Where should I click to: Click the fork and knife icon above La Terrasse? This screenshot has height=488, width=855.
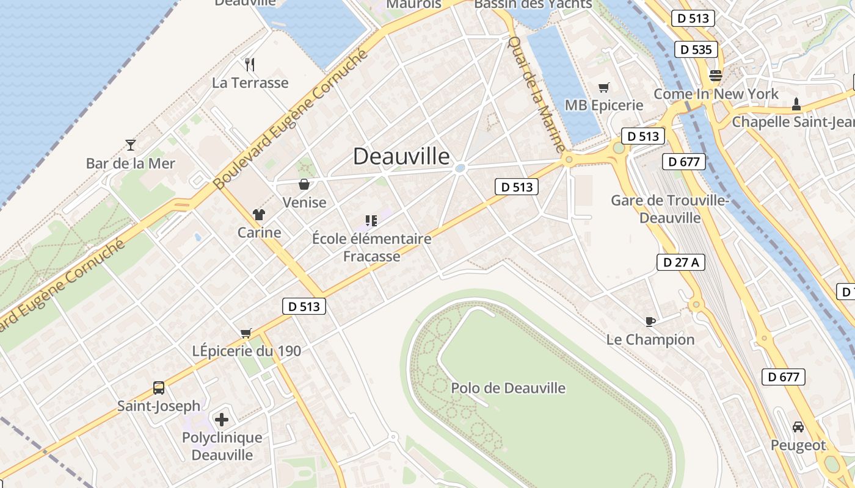point(249,64)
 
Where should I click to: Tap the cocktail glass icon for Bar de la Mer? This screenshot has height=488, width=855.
point(130,145)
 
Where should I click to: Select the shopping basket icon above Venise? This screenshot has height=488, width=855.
point(304,184)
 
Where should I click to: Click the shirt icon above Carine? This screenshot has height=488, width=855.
point(259,214)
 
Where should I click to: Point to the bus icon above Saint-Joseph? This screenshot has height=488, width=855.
point(158,387)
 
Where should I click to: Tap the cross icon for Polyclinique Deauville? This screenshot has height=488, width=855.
point(222,419)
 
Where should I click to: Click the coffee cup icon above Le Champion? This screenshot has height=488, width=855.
point(650,321)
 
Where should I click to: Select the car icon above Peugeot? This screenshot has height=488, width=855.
point(798,426)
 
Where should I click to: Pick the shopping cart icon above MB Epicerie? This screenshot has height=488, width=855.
point(604,87)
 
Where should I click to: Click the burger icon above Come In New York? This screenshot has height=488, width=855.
point(715,76)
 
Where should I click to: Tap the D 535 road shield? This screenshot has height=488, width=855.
point(696,49)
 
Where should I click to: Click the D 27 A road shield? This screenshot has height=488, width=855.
point(681,262)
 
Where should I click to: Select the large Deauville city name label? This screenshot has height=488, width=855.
point(401,156)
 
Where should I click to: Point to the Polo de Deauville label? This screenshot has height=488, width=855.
point(508,388)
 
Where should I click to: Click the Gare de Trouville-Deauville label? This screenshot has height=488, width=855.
point(671,209)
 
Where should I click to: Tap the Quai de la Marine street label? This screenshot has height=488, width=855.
point(537,95)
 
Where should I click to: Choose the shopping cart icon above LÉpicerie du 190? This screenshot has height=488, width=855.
point(246,332)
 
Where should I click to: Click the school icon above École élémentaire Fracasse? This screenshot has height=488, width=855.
point(371,220)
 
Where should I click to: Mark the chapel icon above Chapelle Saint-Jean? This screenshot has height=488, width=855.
point(796,104)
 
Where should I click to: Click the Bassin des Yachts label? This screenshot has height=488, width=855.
point(533,4)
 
